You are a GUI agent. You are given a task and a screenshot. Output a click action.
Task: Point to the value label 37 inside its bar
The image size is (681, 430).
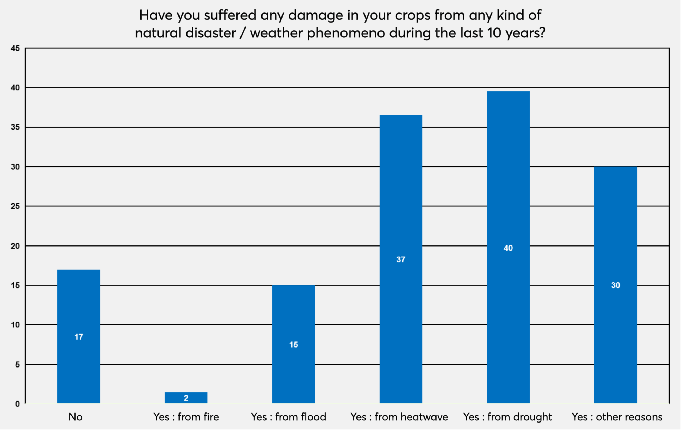click(401, 260)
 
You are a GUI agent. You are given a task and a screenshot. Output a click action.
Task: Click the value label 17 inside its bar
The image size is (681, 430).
click(79, 337)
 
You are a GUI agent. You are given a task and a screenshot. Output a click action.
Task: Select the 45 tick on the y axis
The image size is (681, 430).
click(15, 48)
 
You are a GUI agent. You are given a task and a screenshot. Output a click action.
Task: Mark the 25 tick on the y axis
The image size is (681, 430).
click(15, 206)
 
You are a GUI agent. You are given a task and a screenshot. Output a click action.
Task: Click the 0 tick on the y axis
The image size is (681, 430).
click(18, 404)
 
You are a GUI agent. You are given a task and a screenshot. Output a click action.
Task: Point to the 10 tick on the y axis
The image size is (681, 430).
click(15, 325)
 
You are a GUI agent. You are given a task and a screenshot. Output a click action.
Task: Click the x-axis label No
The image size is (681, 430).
click(76, 417)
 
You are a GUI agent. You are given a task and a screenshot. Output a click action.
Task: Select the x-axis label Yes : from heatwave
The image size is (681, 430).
click(399, 417)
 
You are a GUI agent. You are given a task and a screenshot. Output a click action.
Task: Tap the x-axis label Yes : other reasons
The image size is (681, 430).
click(617, 417)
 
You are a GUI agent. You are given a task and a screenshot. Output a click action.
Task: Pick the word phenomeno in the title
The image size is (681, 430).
click(346, 33)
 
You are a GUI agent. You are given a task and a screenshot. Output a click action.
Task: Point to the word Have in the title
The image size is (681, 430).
click(156, 15)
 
